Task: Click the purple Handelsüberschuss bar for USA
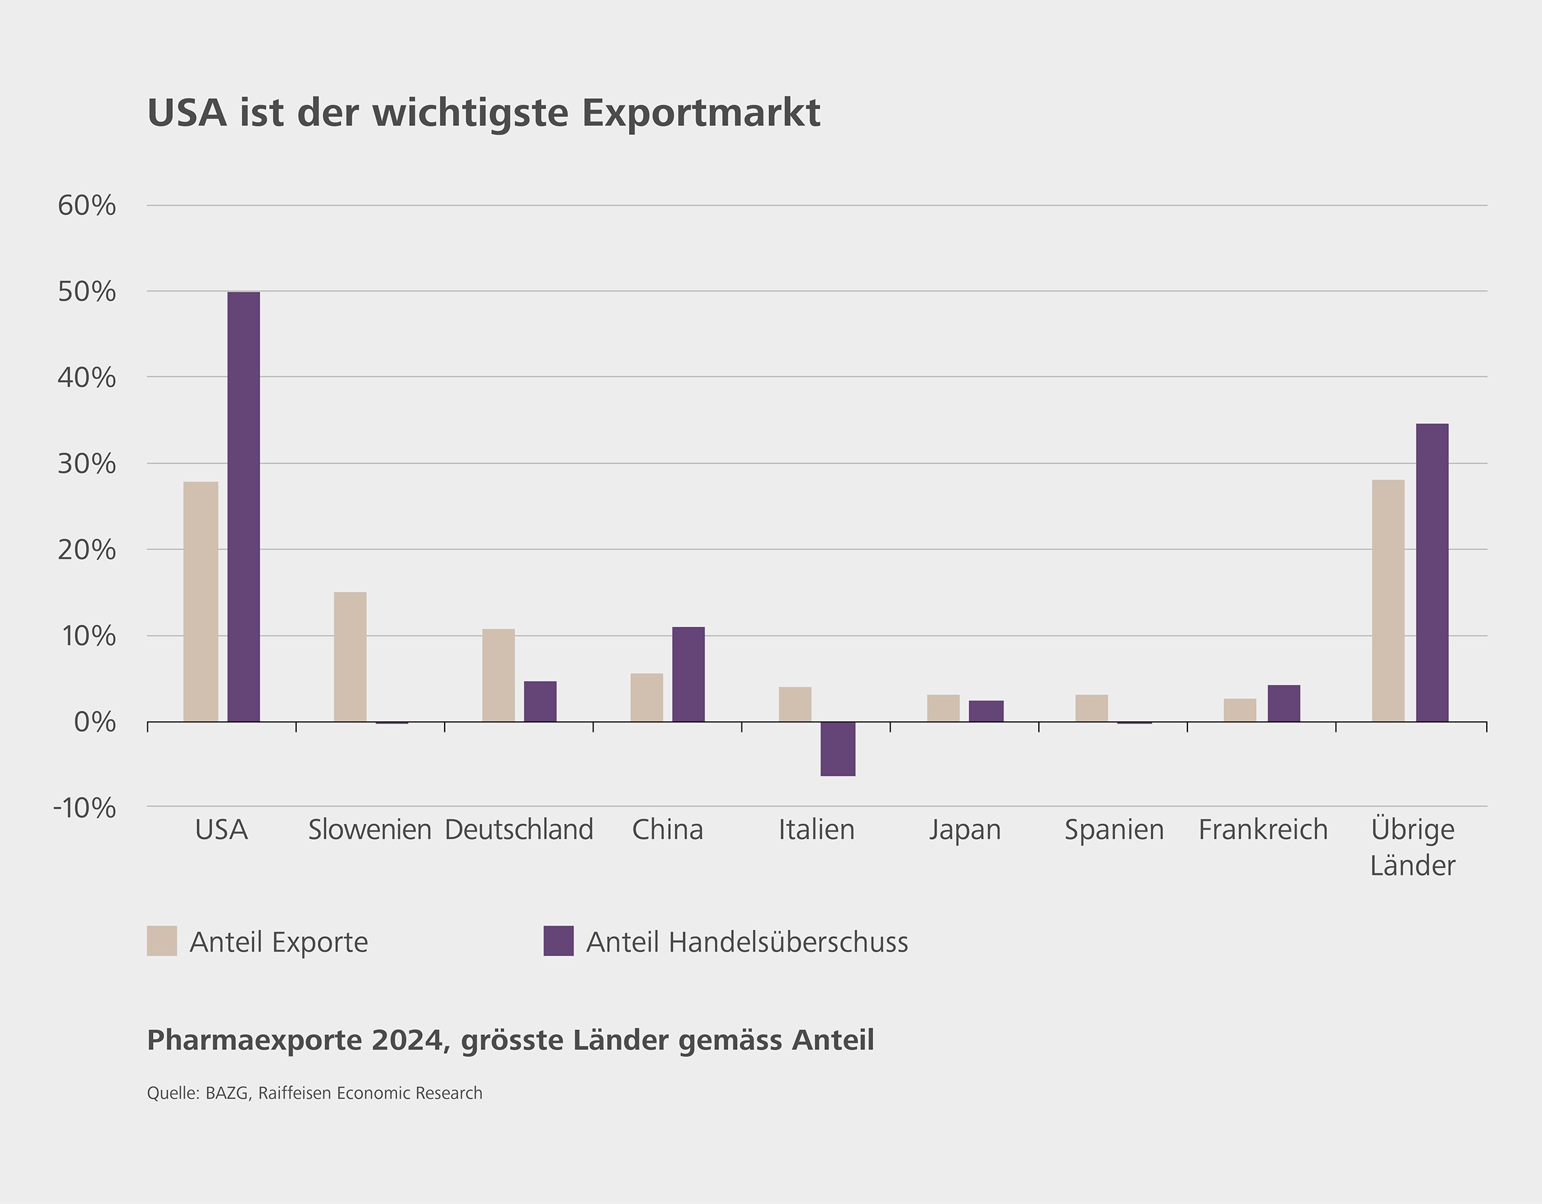pyautogui.click(x=244, y=506)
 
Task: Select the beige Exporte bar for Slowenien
pyautogui.click(x=350, y=656)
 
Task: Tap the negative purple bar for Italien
pyautogui.click(x=838, y=748)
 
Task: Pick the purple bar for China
pyautogui.click(x=688, y=674)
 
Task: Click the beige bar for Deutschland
pyautogui.click(x=499, y=675)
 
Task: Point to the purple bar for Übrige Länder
pyautogui.click(x=1432, y=572)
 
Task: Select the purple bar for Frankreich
pyautogui.click(x=1284, y=703)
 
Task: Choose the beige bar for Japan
pyautogui.click(x=943, y=708)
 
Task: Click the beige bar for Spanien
pyautogui.click(x=1092, y=708)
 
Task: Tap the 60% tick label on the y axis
pyautogui.click(x=87, y=206)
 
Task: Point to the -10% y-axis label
pyautogui.click(x=85, y=807)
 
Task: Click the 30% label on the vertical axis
pyautogui.click(x=87, y=464)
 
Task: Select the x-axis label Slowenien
pyautogui.click(x=370, y=829)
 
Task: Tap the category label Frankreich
pyautogui.click(x=1263, y=829)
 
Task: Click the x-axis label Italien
pyautogui.click(x=816, y=829)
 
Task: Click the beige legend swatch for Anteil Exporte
pyautogui.click(x=162, y=941)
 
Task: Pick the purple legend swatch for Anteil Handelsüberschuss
pyautogui.click(x=558, y=941)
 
